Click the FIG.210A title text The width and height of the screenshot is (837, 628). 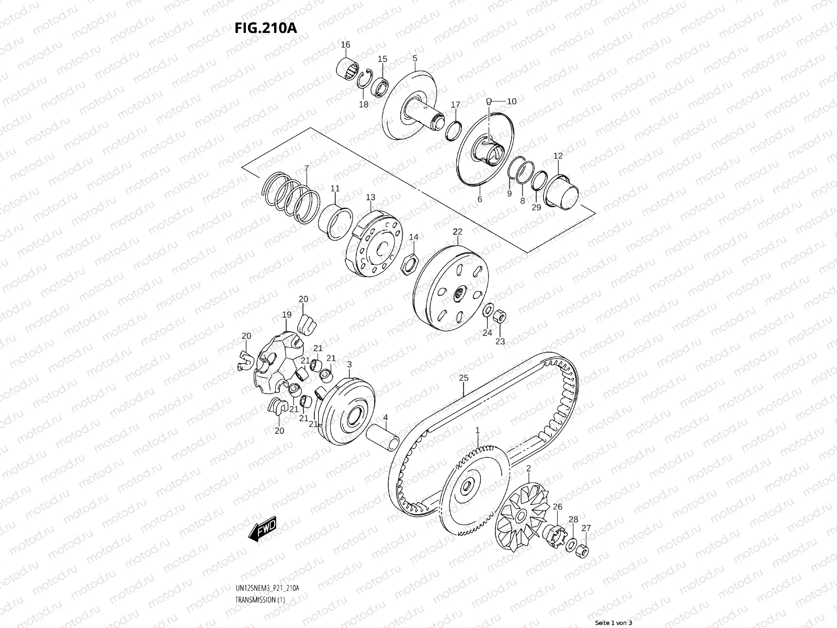coord(265,28)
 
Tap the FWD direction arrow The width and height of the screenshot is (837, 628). coord(263,529)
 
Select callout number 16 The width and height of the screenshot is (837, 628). coord(345,44)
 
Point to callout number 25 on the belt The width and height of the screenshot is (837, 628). coord(463,378)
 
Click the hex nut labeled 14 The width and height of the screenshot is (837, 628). coord(410,263)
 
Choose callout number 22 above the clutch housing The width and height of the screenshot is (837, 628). coord(458,231)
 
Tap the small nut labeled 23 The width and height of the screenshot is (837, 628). coord(500,316)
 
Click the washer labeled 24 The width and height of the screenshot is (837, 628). coord(488,310)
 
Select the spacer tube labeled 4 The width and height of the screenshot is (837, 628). coord(383,438)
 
